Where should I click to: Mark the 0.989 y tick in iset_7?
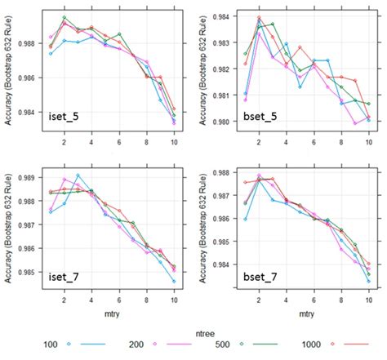point(31,177)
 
